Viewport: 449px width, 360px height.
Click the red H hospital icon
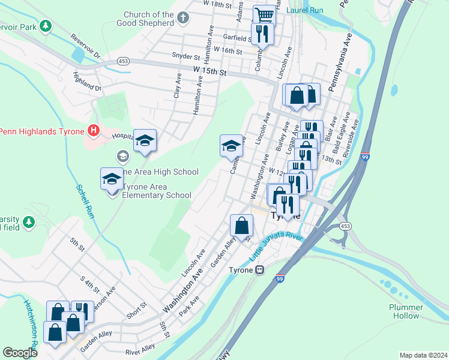coord(92,130)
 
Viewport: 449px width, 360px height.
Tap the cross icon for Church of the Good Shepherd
coord(185,18)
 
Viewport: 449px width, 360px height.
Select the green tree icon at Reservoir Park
coord(44,26)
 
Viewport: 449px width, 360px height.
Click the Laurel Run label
coord(305,10)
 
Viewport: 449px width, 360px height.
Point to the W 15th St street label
coord(209,71)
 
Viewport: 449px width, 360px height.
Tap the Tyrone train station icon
coord(259,270)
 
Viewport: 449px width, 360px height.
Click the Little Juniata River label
coord(277,247)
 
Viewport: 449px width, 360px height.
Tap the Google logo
coord(20,352)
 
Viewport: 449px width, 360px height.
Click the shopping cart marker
coord(264,15)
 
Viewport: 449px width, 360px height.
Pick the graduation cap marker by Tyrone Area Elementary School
coord(112,179)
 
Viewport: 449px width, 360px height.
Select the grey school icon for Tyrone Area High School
coord(123,157)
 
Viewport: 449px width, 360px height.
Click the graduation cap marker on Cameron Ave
coord(232,145)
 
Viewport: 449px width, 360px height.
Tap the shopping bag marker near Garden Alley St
coord(241,226)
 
